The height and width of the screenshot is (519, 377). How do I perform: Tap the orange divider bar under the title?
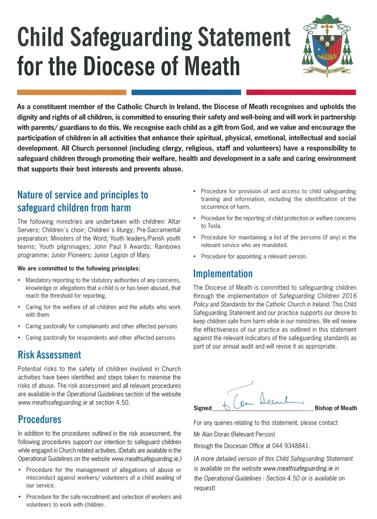pos(72,92)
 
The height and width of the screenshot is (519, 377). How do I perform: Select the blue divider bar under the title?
pos(186,92)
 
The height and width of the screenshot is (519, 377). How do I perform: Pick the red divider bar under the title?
pos(301,92)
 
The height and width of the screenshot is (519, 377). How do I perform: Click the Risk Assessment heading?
pos(49,355)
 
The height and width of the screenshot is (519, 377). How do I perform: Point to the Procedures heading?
pos(40,419)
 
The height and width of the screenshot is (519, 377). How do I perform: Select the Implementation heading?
pos(223,274)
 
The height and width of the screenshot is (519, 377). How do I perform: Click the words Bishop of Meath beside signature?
pos(336,408)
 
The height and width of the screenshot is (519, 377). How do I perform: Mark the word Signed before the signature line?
pos(202,408)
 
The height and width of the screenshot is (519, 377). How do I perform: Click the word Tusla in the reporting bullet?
pos(214,226)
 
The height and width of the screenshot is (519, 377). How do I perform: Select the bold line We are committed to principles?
pos(78,268)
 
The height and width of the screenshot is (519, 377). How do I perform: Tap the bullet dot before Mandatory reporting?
pos(20,280)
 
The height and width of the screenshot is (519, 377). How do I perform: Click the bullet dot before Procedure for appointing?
pos(195,257)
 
